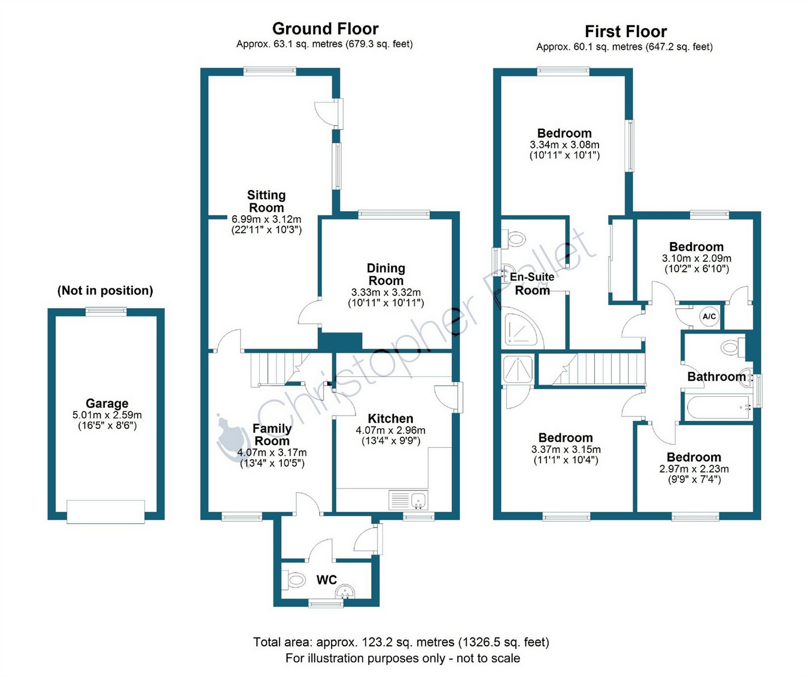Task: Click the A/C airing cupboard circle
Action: [x=709, y=316]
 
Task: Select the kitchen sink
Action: [x=408, y=499]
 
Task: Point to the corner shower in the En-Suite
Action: [x=523, y=328]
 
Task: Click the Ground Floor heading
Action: [x=325, y=29]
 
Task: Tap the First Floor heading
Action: [x=625, y=31]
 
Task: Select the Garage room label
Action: [x=107, y=403]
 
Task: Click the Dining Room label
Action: [x=386, y=274]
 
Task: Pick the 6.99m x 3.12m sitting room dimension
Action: [x=266, y=219]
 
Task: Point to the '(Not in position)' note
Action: [x=105, y=291]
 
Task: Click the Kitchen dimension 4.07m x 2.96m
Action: [x=390, y=430]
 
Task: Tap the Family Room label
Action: [x=272, y=435]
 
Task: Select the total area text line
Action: [x=401, y=642]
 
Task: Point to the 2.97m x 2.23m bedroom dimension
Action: [x=694, y=469]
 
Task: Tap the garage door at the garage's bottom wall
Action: [x=106, y=512]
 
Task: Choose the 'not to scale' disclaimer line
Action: [x=402, y=658]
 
